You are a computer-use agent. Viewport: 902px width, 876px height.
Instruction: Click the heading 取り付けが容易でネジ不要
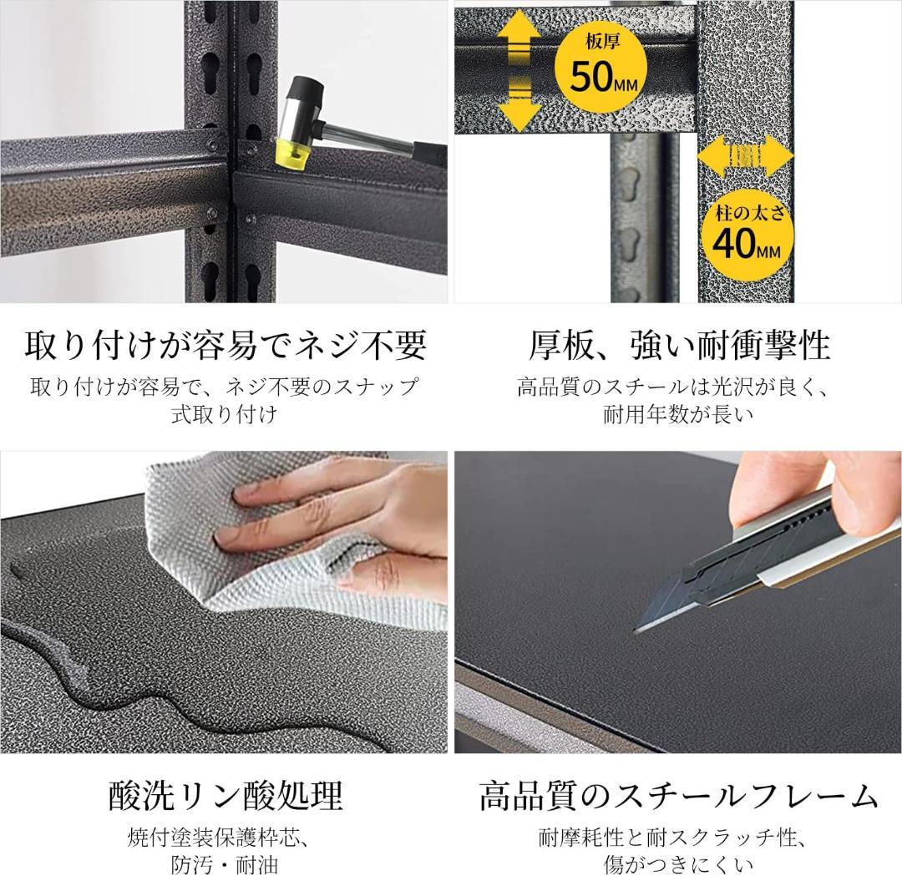point(225,343)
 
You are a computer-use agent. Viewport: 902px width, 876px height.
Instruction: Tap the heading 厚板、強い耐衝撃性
point(678,343)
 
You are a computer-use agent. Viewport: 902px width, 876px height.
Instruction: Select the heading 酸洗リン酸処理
point(225,795)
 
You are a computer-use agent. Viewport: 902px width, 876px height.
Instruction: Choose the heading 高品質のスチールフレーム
point(678,795)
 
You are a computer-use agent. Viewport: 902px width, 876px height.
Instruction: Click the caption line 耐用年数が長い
point(678,414)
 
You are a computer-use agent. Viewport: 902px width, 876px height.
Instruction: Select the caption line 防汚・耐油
point(225,864)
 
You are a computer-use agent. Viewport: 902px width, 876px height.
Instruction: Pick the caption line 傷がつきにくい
point(678,864)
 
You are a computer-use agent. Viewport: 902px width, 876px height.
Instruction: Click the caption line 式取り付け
point(225,414)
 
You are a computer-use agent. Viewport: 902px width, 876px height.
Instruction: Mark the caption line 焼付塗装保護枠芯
point(225,837)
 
